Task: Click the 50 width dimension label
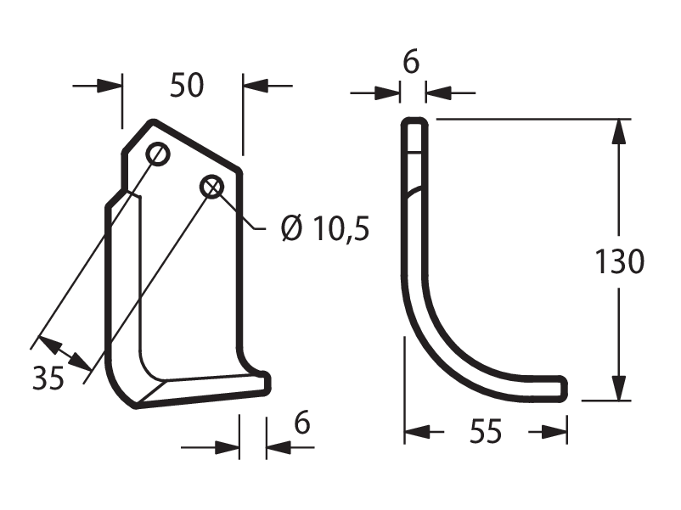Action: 187,85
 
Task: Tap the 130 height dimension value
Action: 619,261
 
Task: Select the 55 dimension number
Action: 486,431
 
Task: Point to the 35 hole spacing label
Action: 48,378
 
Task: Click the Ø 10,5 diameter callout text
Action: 325,228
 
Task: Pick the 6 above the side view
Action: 411,62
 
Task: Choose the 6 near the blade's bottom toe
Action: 301,423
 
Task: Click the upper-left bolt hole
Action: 158,154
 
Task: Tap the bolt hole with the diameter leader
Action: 211,187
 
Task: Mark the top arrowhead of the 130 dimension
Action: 619,132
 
